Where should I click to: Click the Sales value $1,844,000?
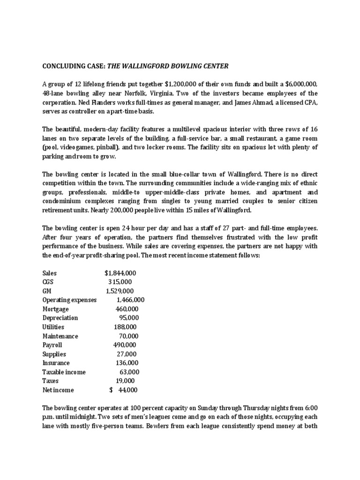120,273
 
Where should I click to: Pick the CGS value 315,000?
120,282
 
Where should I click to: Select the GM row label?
47,291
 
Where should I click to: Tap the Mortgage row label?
55,309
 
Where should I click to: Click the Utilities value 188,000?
125,327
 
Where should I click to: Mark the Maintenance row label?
60,336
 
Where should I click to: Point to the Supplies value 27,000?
127,354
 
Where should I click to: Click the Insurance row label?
56,363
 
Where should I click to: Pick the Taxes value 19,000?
125,381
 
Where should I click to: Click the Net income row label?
58,390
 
